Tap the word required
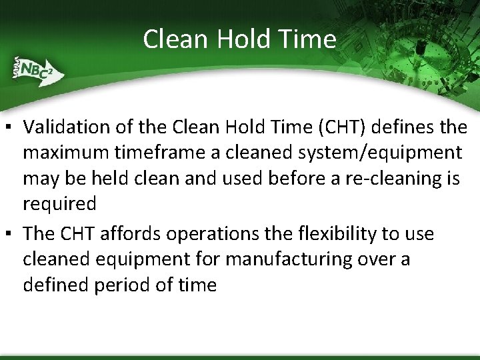[x=59, y=203]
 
